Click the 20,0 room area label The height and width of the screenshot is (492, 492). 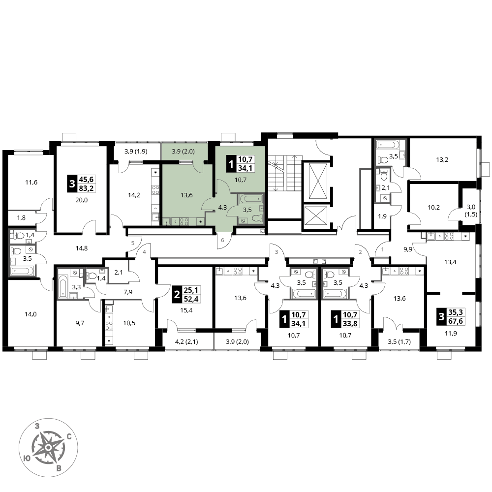82,200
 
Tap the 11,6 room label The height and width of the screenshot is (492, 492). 31,182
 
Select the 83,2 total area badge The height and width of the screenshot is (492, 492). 87,188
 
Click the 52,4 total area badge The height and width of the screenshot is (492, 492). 191,299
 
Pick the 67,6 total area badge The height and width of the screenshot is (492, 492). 455,321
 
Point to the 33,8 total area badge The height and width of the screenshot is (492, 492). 349,323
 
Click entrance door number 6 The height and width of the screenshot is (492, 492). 222,241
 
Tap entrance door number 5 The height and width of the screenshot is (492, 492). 133,243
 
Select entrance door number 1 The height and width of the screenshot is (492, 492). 382,250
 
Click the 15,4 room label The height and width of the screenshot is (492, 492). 186,310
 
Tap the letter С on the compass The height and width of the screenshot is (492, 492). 69,436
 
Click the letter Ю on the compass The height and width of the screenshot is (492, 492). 27,459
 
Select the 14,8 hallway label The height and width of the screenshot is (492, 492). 82,248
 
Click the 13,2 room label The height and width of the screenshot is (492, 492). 442,159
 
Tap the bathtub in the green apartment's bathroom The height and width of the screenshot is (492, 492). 250,199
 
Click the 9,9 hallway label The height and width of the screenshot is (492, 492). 408,249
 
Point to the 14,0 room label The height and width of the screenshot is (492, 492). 31,314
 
